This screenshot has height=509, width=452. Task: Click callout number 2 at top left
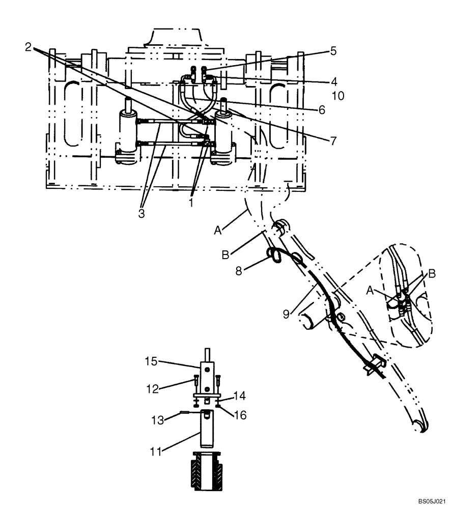pos(28,47)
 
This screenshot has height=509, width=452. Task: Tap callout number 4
pos(333,80)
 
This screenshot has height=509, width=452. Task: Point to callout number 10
pos(337,95)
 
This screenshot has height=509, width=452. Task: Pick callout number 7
pos(333,141)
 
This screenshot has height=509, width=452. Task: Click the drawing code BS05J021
pos(432,501)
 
